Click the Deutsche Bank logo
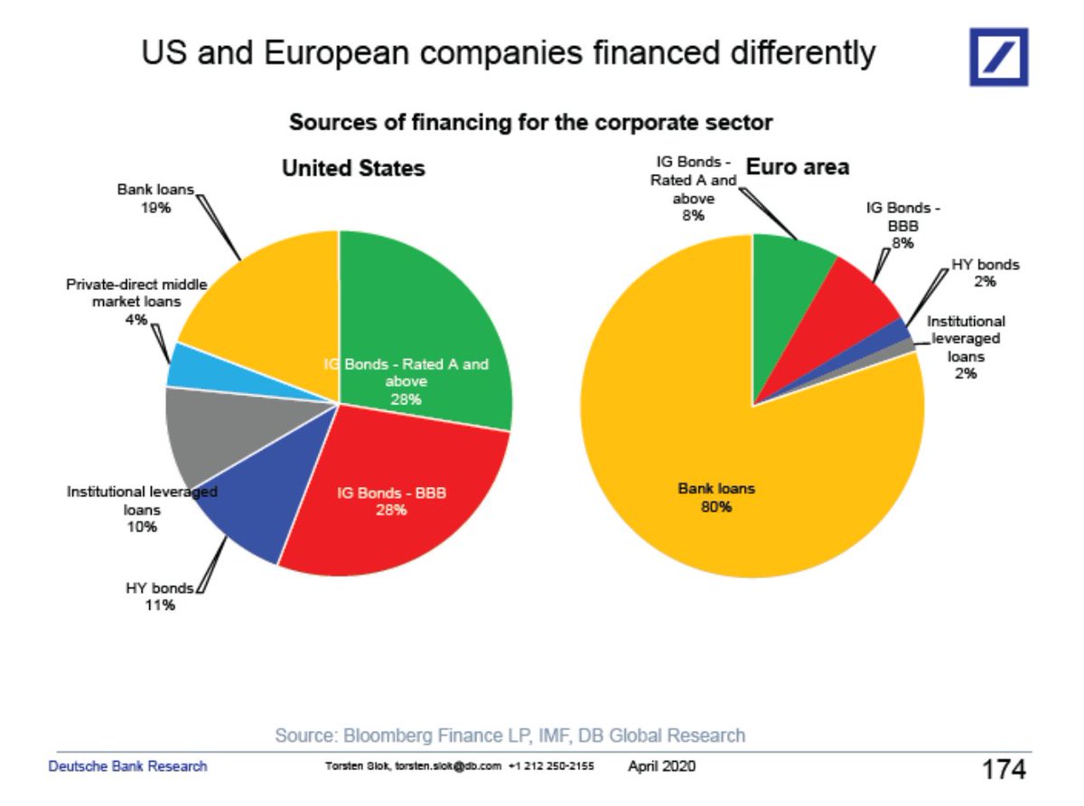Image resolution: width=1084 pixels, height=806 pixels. pos(998,56)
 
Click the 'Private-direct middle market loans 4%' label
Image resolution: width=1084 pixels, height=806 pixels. pos(136,302)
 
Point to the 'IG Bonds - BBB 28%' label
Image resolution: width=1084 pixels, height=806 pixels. pos(391,501)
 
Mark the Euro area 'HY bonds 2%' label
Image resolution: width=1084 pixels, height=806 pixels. pos(985,273)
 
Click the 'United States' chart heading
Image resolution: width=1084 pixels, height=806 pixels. pos(353,168)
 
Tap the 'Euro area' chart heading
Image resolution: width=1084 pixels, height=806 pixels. pos(798,167)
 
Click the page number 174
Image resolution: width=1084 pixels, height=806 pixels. pos(1004,769)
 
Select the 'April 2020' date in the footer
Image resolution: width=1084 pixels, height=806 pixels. pos(661,766)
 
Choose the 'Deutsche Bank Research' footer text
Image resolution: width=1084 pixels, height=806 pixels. pos(127,766)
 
